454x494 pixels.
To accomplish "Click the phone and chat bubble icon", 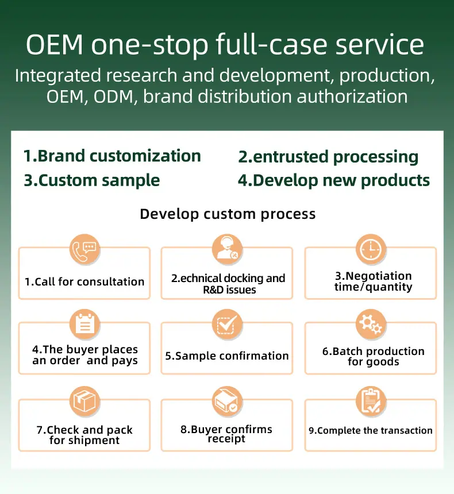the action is click(x=85, y=249).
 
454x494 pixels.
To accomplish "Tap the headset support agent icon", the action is click(x=227, y=249).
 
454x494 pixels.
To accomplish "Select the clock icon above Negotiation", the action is click(x=371, y=249).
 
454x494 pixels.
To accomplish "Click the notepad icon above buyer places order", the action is click(x=85, y=324).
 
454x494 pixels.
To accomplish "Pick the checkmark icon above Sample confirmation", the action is click(x=227, y=324).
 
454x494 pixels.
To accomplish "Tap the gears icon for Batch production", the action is click(x=371, y=324).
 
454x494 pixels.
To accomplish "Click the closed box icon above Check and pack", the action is click(x=85, y=402).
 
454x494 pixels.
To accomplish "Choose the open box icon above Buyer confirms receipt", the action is click(x=227, y=402).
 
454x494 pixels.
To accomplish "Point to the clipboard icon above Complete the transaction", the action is click(x=371, y=402).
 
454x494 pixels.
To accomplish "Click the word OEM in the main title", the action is click(x=55, y=44).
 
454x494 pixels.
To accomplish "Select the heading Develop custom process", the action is click(x=228, y=214).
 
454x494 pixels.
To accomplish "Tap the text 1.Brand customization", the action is click(x=112, y=156).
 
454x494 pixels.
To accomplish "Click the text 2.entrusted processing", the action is click(x=328, y=157).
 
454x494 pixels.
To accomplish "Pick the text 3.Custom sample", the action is click(x=92, y=181).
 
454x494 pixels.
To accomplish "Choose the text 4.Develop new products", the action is click(x=334, y=181).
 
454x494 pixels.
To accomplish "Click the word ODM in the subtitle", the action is click(x=114, y=97).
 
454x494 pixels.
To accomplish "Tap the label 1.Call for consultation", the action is click(x=84, y=281).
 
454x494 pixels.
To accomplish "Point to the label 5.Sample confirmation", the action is click(x=227, y=356).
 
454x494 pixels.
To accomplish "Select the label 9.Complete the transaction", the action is click(x=371, y=430).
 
